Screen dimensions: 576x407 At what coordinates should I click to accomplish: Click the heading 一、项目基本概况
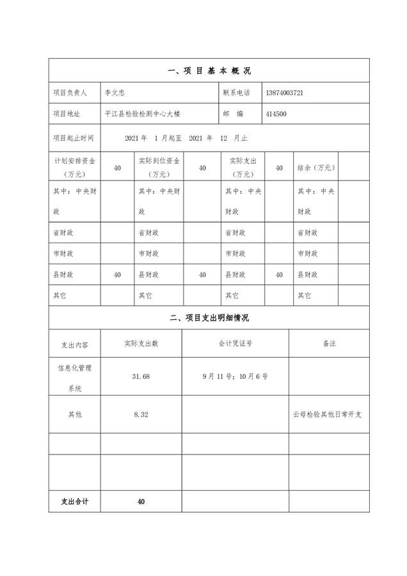(x=209, y=71)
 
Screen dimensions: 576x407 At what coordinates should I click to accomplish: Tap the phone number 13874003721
(x=283, y=93)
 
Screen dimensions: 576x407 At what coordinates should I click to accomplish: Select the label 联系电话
(x=236, y=93)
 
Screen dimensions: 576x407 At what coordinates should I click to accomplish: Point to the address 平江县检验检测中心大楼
(x=143, y=114)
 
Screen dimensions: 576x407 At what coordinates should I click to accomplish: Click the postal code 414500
(x=275, y=114)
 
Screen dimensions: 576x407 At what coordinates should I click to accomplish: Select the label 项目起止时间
(x=74, y=138)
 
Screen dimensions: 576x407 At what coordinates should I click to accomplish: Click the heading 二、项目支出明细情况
(x=209, y=317)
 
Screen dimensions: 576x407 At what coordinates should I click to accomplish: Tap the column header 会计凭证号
(x=235, y=344)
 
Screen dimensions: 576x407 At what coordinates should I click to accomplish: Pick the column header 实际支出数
(x=141, y=344)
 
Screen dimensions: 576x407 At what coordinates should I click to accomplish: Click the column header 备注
(x=329, y=344)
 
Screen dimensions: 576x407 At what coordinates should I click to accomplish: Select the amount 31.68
(x=141, y=376)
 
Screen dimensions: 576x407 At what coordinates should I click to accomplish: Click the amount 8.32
(x=141, y=415)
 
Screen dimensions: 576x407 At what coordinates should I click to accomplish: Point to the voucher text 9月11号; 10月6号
(x=235, y=376)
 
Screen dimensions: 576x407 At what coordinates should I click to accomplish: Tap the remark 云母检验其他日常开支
(x=328, y=415)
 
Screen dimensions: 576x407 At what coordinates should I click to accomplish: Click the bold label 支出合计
(x=74, y=501)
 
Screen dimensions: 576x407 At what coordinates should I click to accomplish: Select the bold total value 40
(x=141, y=501)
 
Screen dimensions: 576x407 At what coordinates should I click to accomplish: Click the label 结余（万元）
(x=316, y=168)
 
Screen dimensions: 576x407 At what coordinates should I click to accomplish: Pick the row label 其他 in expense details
(x=74, y=415)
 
